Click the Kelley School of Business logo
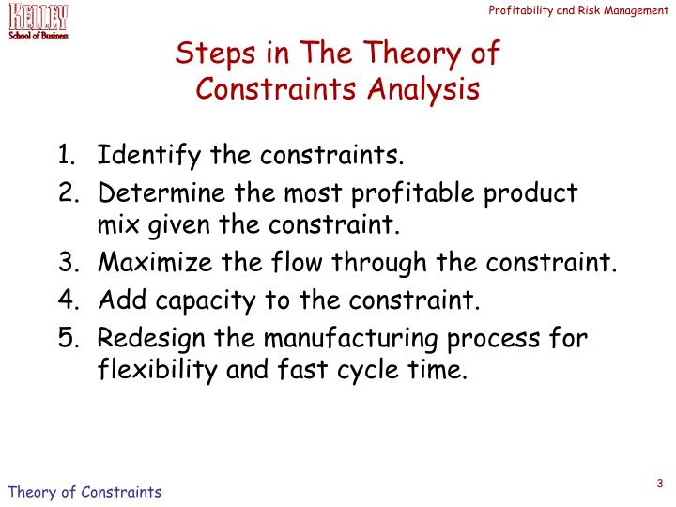pos(38,21)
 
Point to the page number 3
pos(660,484)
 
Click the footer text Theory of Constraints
pos(84,492)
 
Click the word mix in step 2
pos(117,225)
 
